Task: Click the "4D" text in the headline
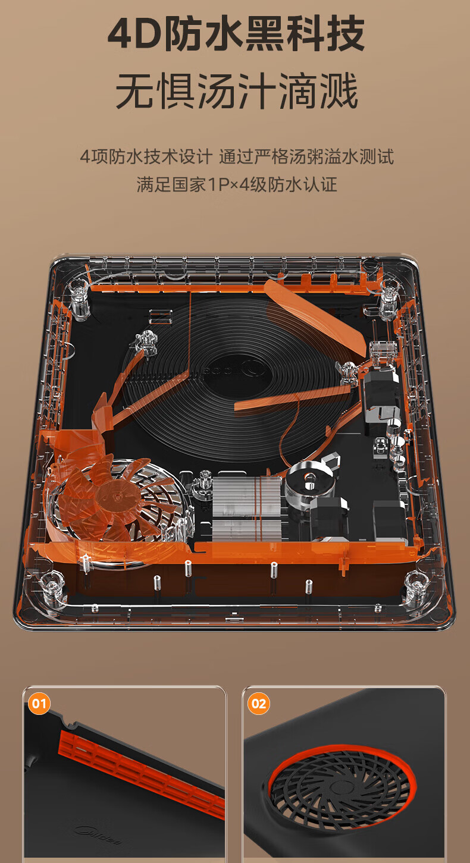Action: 134,34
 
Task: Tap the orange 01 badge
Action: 39,704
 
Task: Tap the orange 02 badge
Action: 258,704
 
